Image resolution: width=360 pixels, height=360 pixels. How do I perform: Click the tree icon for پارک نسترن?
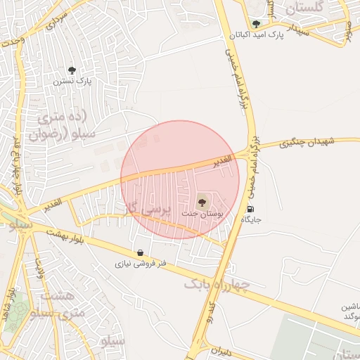click(72, 70)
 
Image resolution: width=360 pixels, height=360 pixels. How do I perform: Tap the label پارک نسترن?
click(75, 81)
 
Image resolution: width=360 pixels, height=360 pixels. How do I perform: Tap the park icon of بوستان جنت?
click(202, 200)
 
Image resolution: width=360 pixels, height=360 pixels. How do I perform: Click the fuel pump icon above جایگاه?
click(251, 209)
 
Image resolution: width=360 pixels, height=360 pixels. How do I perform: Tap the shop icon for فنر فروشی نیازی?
click(141, 253)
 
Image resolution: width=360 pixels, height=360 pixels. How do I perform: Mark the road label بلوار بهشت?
click(66, 235)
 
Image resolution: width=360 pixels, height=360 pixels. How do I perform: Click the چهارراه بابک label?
click(217, 283)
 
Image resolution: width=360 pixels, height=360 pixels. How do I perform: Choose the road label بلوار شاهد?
click(12, 302)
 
